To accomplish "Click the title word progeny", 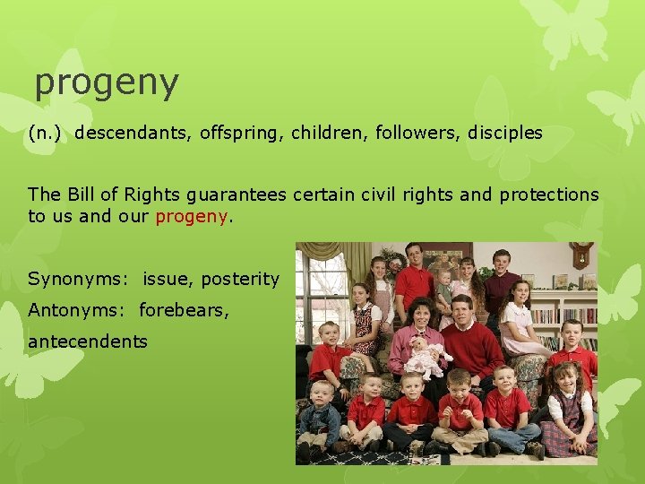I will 107,83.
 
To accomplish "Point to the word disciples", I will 505,134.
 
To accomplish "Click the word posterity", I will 240,279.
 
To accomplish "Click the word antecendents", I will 88,341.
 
